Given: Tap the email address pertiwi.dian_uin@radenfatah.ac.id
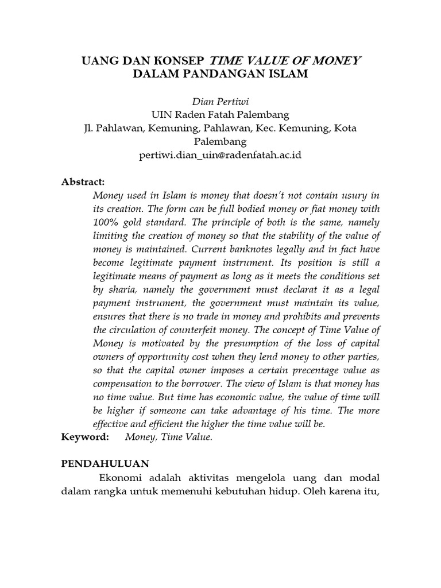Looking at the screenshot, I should tap(220, 155).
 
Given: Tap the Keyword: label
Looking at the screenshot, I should tap(85, 438).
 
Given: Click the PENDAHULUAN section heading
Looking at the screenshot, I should tap(106, 463).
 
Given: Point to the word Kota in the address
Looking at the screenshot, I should tap(343, 127).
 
